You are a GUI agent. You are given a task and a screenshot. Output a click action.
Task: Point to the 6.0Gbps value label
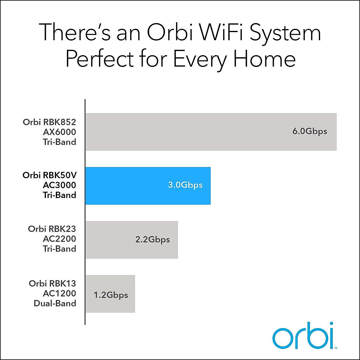click(x=310, y=131)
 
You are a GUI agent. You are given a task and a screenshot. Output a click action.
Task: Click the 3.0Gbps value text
click(x=185, y=185)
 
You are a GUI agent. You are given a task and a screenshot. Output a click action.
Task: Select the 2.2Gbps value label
click(x=152, y=240)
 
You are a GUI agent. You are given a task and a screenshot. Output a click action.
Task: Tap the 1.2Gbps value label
click(x=111, y=295)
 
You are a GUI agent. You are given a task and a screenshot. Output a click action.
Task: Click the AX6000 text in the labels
click(x=59, y=132)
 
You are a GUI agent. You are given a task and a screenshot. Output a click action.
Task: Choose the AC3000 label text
click(x=59, y=185)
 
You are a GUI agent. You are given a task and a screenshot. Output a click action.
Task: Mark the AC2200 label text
click(x=59, y=239)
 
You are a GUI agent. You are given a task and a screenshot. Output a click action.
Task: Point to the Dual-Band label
click(x=55, y=303)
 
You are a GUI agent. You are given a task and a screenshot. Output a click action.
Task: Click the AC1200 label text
click(x=59, y=293)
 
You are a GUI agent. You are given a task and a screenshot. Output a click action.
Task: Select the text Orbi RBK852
click(x=49, y=122)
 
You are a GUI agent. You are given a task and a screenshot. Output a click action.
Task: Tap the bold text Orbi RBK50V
click(x=49, y=175)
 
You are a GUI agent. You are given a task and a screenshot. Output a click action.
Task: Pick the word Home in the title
click(x=264, y=58)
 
